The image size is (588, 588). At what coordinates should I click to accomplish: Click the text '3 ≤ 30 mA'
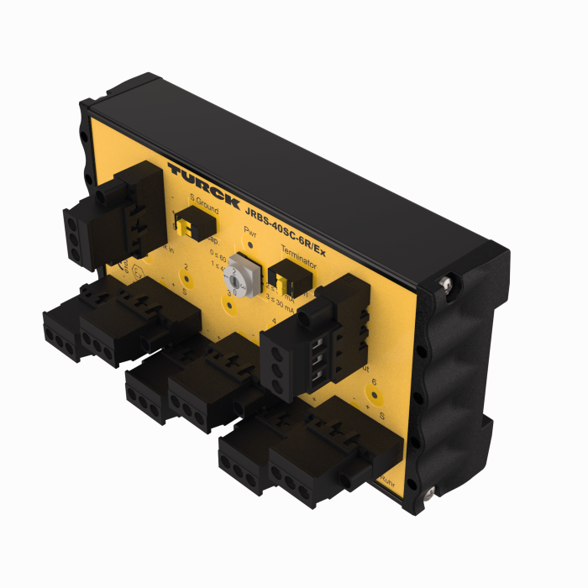pyautogui.click(x=281, y=307)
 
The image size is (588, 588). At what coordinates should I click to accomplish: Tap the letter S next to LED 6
pyautogui.click(x=383, y=415)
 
